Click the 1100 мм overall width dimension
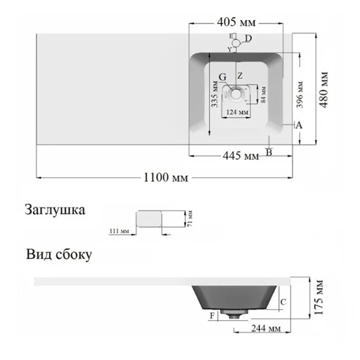(166, 177)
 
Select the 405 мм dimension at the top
(236, 22)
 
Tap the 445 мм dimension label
(241, 156)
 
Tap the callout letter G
(223, 77)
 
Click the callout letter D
(248, 39)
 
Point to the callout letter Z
(240, 76)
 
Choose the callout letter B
(269, 153)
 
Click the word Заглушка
(55, 210)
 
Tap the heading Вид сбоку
(59, 255)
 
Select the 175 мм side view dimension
(318, 297)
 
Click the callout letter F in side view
(213, 316)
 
